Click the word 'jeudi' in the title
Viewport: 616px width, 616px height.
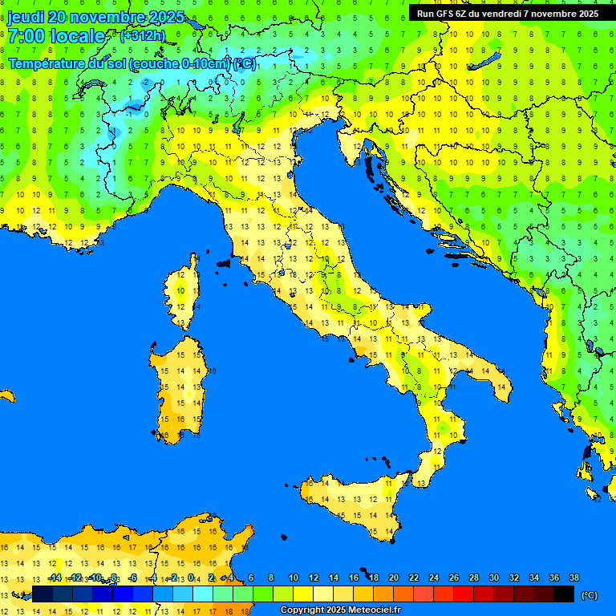coord(25,17)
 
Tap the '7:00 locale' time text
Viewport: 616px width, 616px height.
coord(56,36)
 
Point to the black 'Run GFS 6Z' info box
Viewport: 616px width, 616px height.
coord(507,13)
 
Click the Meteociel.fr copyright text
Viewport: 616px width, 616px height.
coord(340,610)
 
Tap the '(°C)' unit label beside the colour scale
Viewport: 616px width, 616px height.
coord(590,594)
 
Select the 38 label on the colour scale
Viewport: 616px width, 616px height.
coord(574,578)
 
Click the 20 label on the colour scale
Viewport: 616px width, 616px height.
coord(394,578)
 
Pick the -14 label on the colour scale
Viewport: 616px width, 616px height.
coord(55,578)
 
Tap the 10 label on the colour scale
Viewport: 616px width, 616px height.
coord(294,578)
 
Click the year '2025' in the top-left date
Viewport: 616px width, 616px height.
coord(167,17)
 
